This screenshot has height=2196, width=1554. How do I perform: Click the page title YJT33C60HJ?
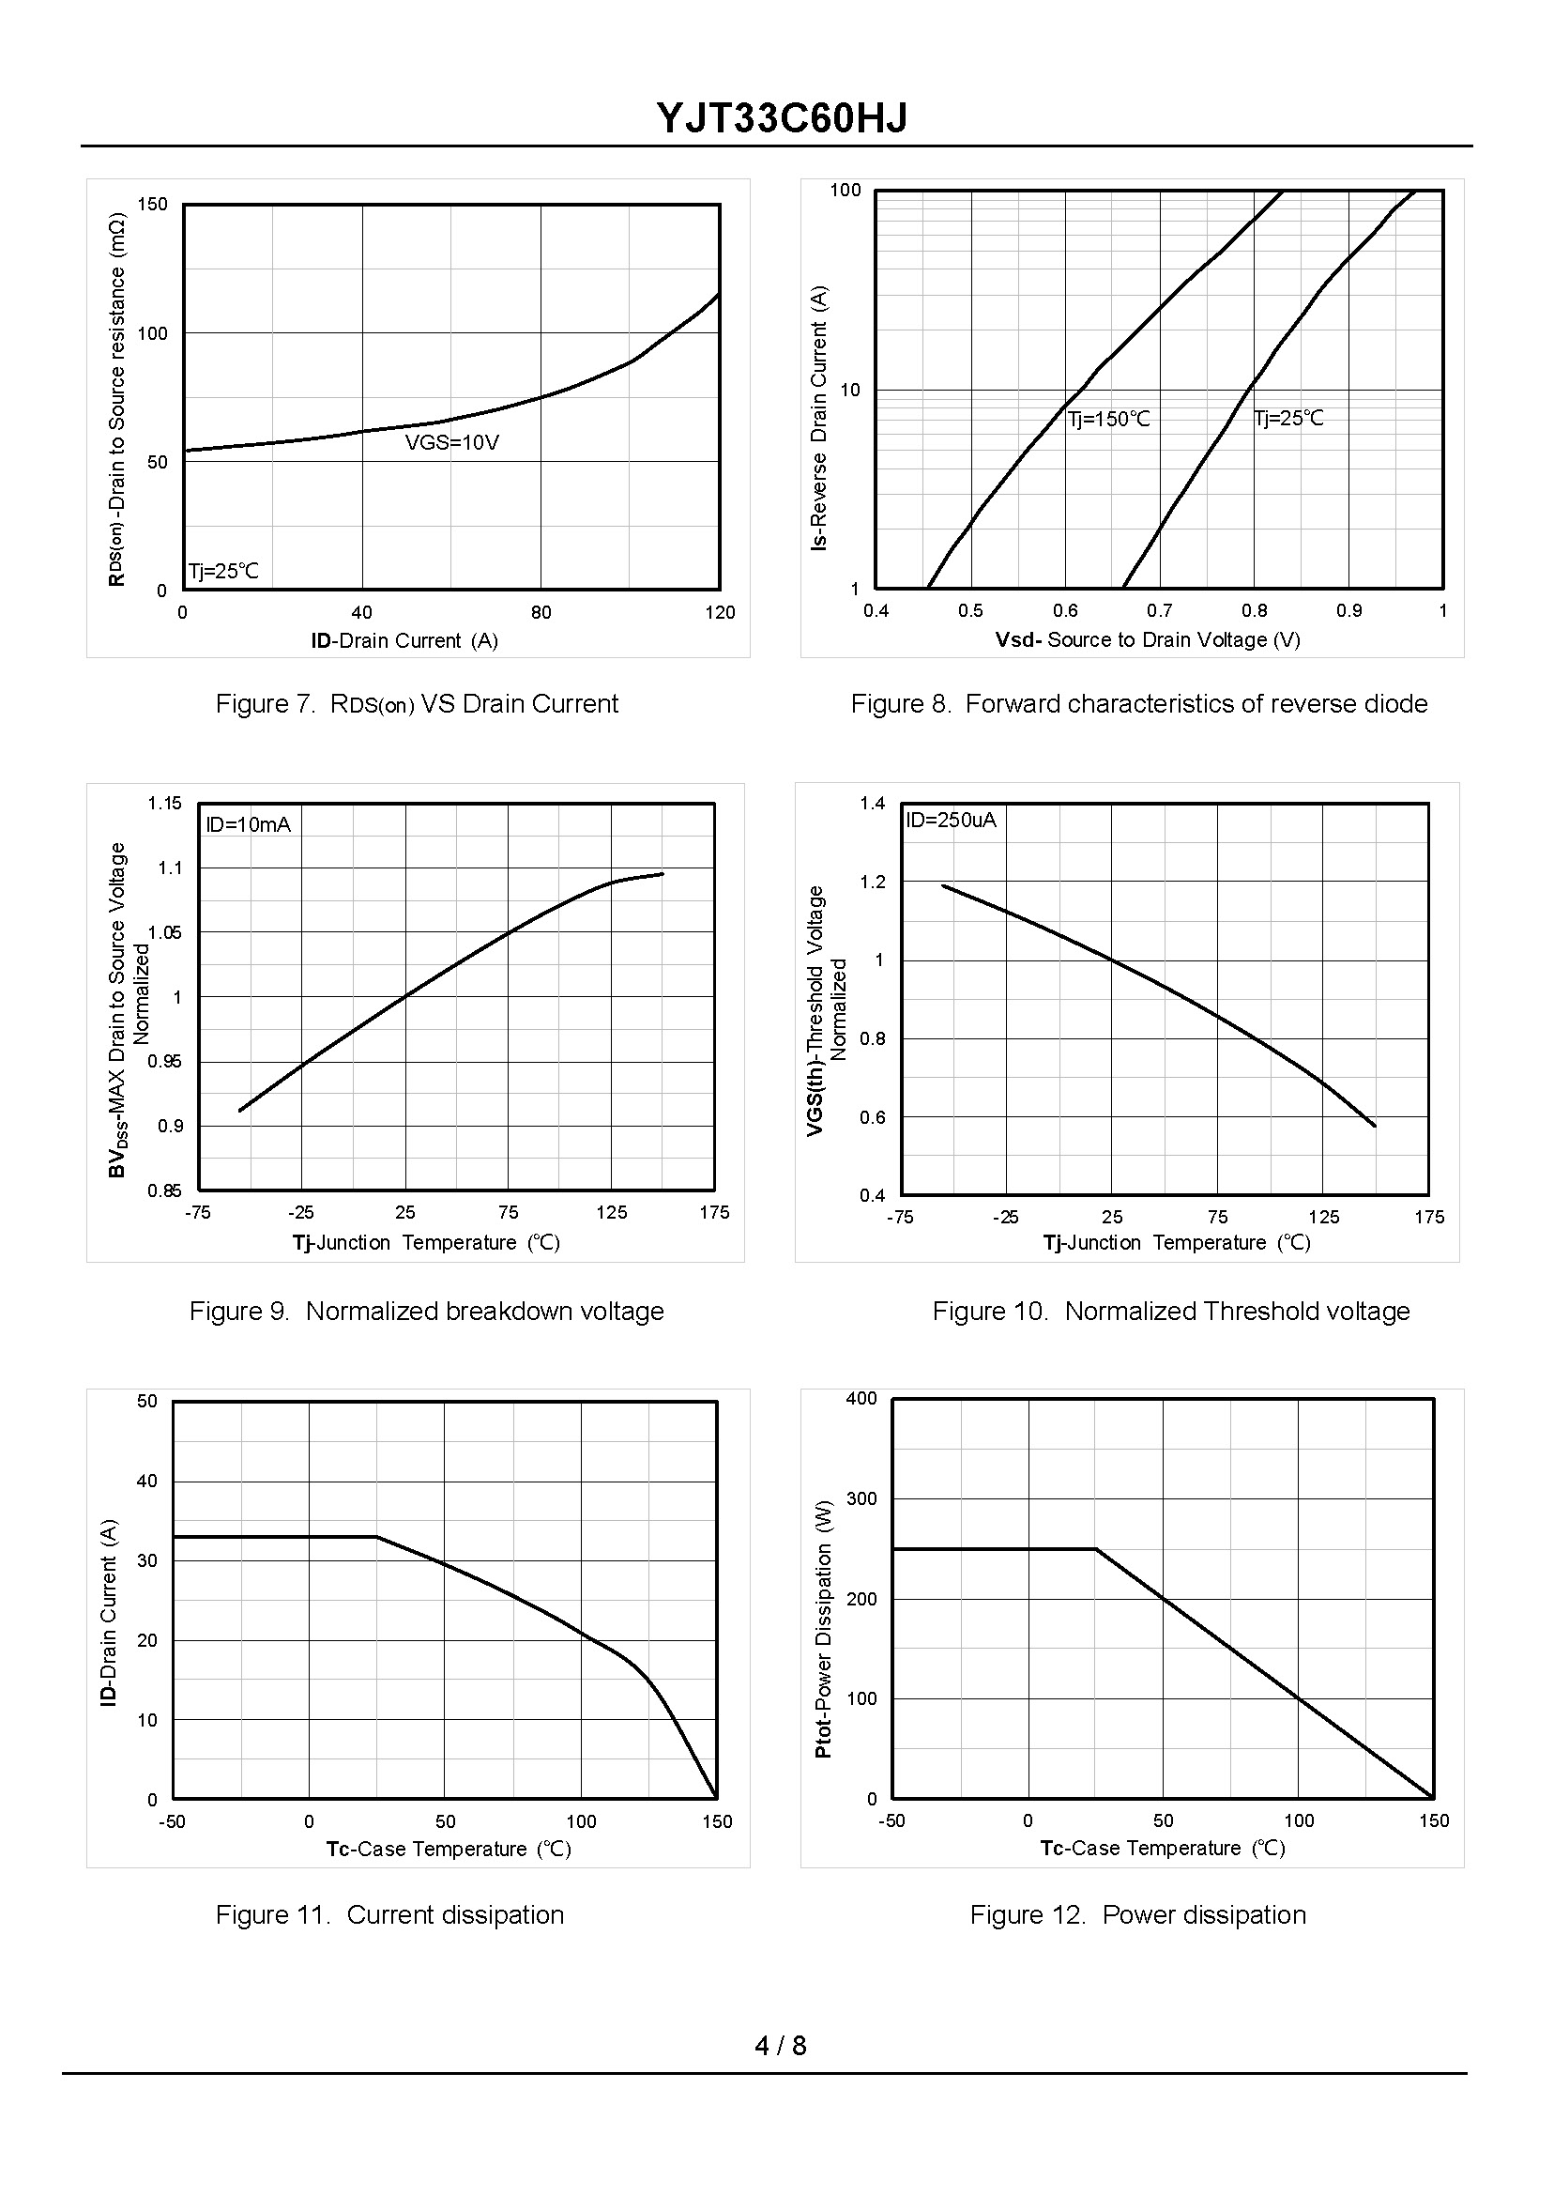tap(781, 118)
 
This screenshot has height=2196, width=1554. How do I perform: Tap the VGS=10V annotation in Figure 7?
tap(451, 443)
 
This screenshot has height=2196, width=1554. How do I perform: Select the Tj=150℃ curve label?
tap(1109, 420)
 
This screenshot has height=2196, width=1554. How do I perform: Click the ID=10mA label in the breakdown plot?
tap(248, 825)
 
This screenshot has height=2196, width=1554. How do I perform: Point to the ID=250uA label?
tap(951, 821)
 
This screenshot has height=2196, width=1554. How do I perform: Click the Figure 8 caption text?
tap(1138, 703)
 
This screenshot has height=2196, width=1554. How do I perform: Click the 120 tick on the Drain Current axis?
tap(720, 613)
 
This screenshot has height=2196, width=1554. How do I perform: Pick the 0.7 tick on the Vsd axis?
tap(1160, 611)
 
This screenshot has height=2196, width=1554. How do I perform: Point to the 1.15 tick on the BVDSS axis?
tap(164, 803)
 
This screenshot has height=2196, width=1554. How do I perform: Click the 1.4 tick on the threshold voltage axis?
tap(872, 803)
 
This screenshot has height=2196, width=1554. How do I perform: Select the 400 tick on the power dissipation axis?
tap(861, 1399)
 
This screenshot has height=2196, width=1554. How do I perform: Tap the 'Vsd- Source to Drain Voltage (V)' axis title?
tap(1148, 640)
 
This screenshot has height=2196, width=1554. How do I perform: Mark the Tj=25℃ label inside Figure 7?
tap(223, 572)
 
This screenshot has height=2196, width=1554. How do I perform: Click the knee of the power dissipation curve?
tap(1096, 1549)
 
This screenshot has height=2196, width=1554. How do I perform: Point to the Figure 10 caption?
tap(1170, 1312)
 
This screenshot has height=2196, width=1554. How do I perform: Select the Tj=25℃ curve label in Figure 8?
tap(1289, 419)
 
